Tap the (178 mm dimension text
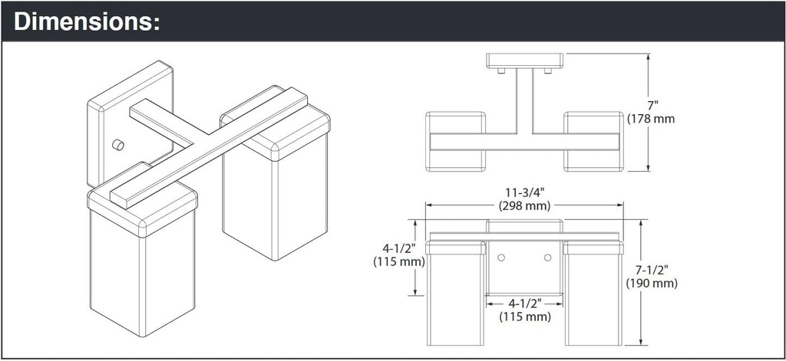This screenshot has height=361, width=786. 652,119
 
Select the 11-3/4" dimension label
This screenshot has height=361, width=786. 524,192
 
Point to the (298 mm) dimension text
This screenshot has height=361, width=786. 524,205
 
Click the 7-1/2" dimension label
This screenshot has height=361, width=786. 652,270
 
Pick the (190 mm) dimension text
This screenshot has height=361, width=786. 652,284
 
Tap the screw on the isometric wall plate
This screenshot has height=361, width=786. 118,145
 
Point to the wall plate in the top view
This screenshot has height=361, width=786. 524,60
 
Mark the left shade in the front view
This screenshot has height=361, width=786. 455,299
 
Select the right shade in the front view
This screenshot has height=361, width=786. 593,299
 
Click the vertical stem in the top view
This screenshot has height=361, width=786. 524,100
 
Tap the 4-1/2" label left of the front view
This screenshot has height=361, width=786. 399,248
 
